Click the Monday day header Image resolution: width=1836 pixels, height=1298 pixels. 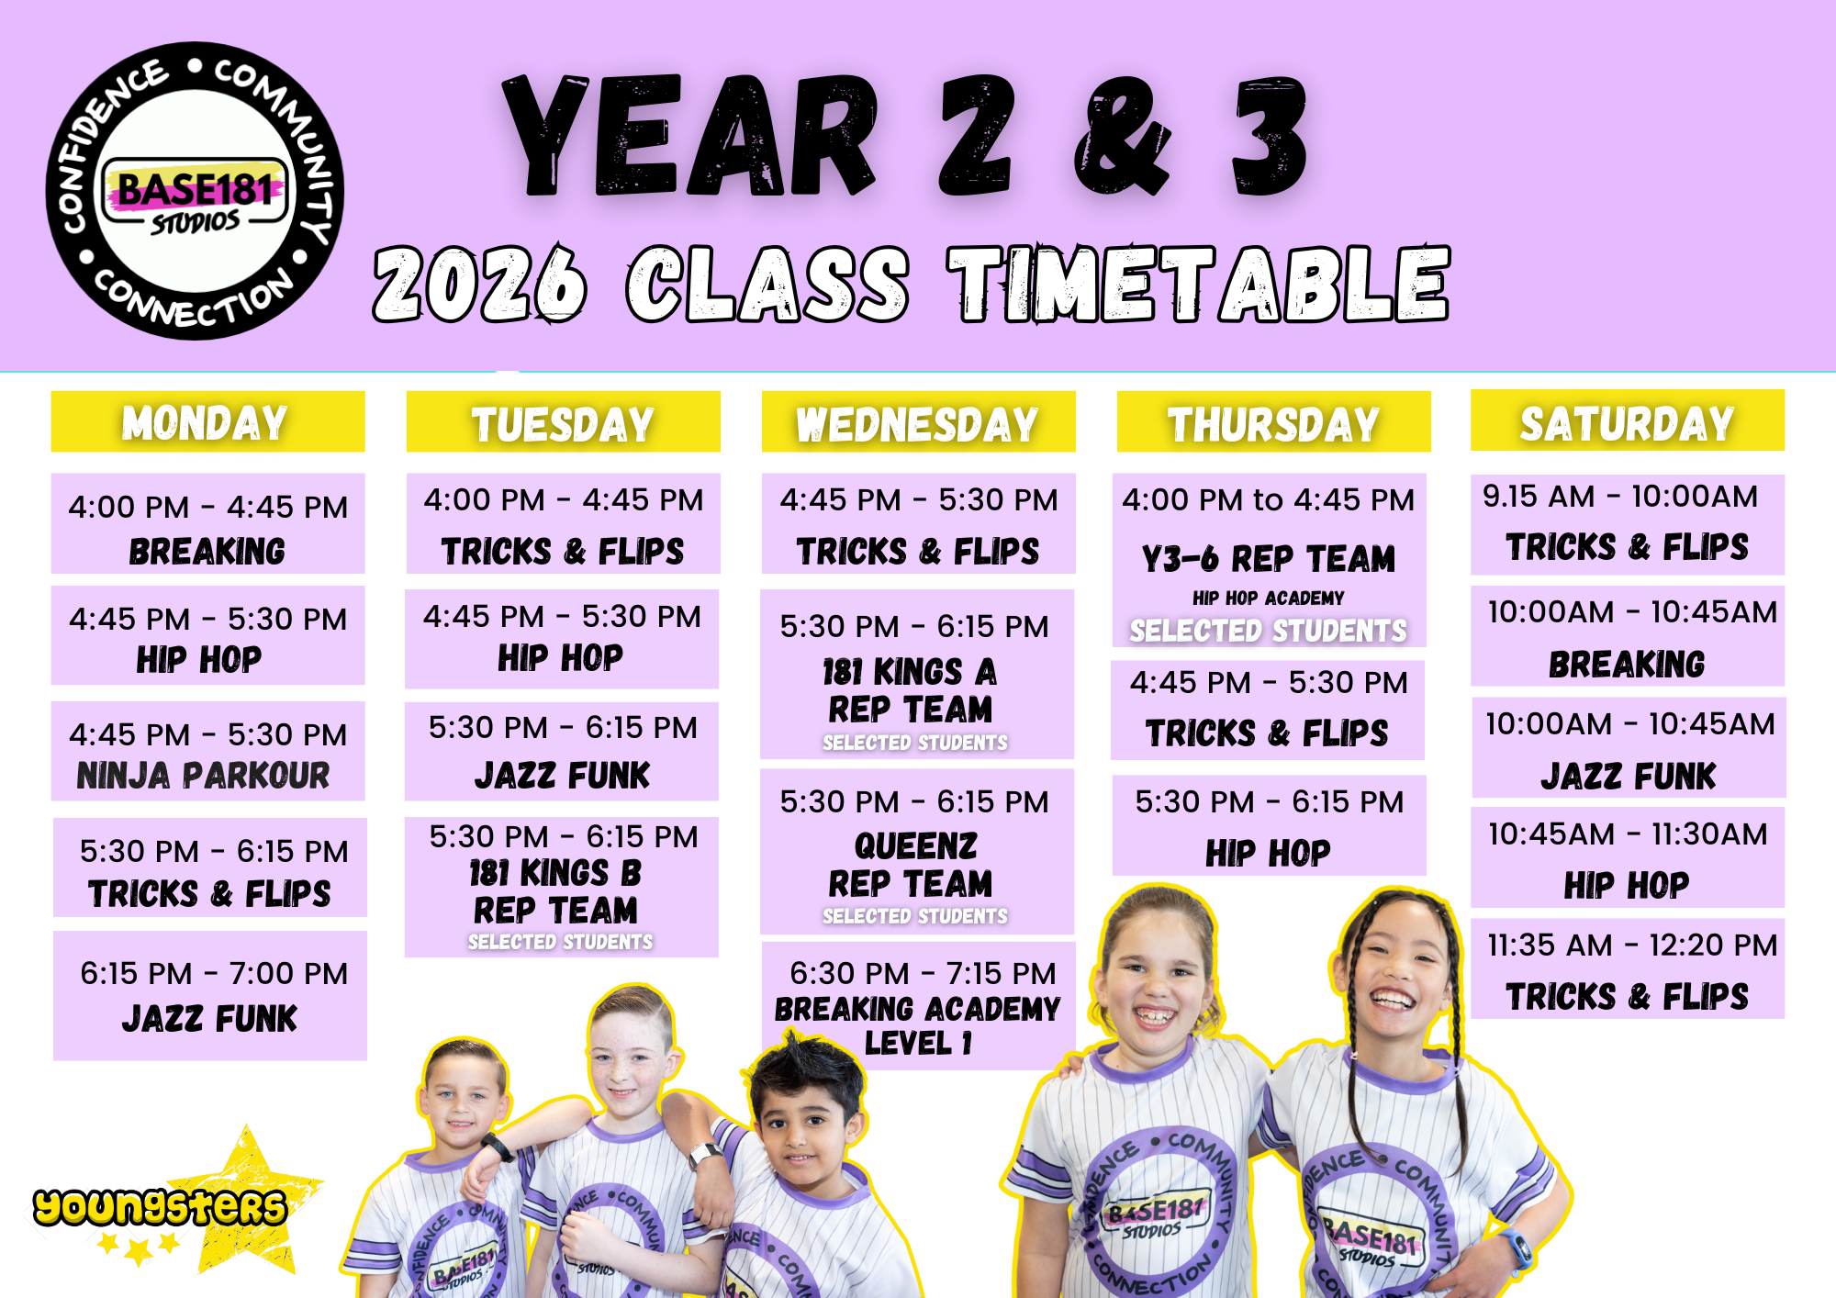click(207, 421)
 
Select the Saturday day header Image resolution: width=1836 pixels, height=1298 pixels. click(1628, 420)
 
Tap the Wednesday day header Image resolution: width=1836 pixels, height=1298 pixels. click(918, 421)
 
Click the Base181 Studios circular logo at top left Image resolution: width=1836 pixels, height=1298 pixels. click(195, 191)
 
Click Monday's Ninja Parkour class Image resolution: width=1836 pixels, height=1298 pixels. click(207, 751)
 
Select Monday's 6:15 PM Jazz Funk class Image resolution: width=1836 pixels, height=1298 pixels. click(209, 996)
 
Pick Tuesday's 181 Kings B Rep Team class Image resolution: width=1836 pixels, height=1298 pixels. click(562, 888)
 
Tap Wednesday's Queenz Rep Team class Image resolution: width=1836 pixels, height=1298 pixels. click(917, 852)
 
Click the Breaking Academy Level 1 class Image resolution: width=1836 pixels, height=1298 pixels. click(918, 1006)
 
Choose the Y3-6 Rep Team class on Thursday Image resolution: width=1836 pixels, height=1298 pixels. click(1270, 560)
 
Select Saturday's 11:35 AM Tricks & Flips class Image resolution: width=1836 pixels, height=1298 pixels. click(1628, 969)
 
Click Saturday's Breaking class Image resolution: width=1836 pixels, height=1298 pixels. click(1628, 636)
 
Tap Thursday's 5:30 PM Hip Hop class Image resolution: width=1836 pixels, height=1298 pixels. click(1270, 825)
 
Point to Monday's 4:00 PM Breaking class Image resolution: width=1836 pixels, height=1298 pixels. click(207, 523)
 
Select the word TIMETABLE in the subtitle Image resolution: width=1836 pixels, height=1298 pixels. click(1199, 284)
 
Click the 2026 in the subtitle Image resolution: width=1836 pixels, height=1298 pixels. click(479, 284)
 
